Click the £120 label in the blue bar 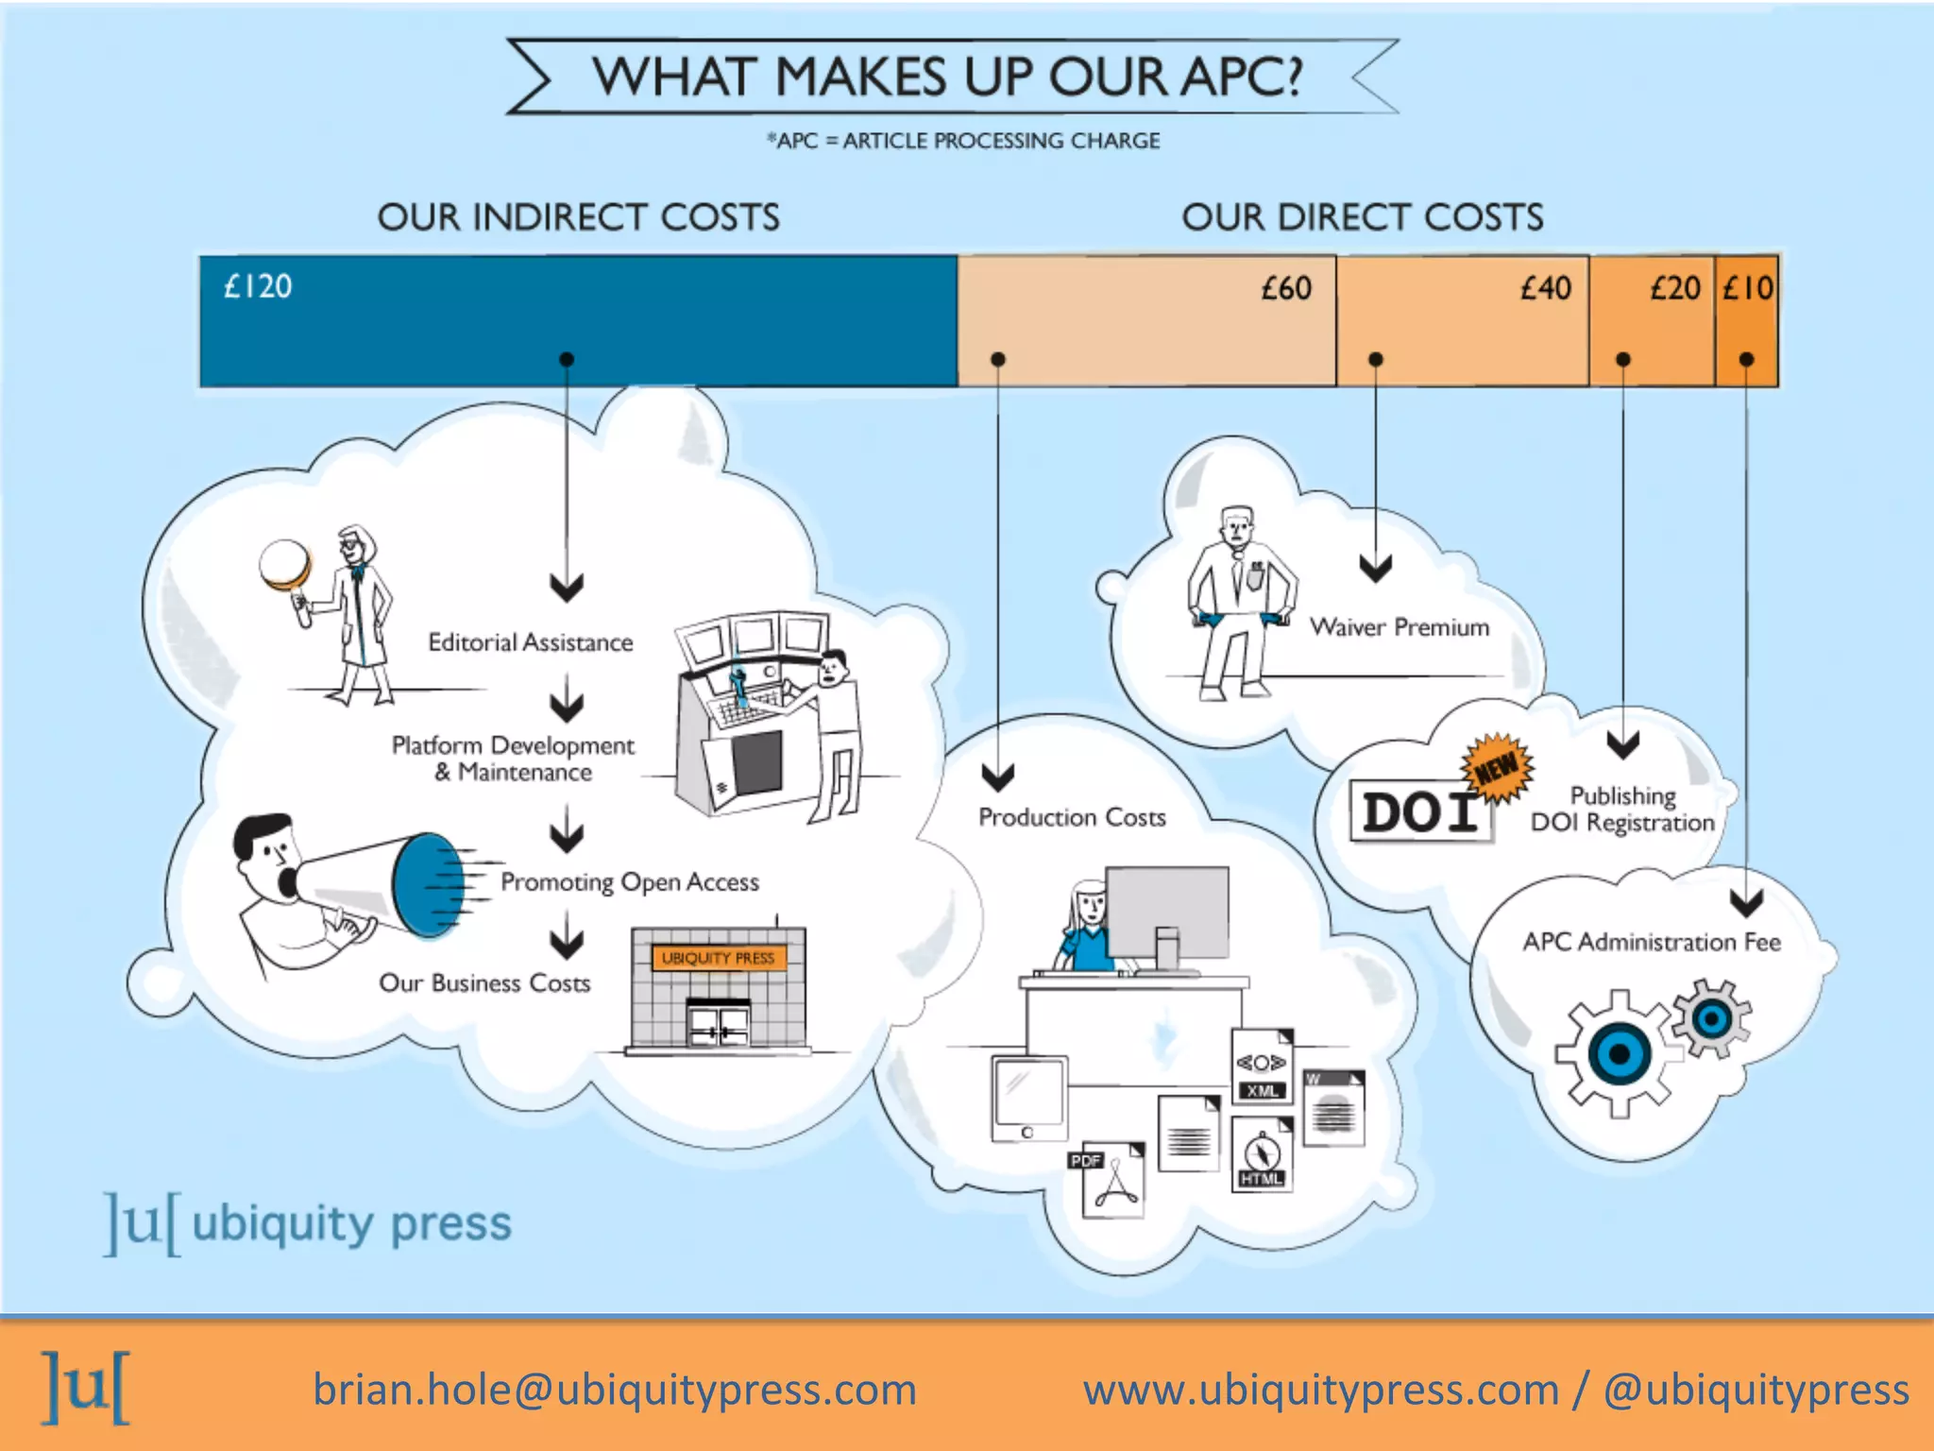tap(258, 286)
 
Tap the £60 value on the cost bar tap(1286, 288)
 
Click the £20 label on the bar tap(1674, 288)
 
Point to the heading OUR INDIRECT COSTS tap(578, 217)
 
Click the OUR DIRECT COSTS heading tap(1362, 217)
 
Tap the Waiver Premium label tap(1399, 627)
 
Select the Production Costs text tap(1072, 817)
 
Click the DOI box tap(1419, 811)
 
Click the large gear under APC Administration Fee tap(1619, 1053)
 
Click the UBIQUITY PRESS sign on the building tap(718, 958)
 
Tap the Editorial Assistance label tap(530, 642)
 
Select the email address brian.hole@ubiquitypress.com tap(615, 1390)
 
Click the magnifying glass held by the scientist tap(285, 564)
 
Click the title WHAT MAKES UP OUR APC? tap(947, 77)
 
